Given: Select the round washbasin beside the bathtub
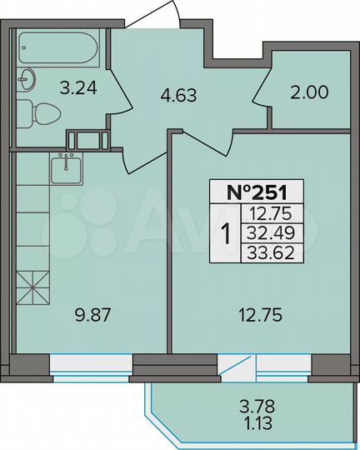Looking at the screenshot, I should tap(27, 79).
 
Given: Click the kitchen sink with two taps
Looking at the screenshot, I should tap(67, 170).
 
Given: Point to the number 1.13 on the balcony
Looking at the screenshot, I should tap(256, 422).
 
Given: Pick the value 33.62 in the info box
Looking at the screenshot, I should tap(272, 252).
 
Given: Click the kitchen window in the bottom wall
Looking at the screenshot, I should tap(91, 364).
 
